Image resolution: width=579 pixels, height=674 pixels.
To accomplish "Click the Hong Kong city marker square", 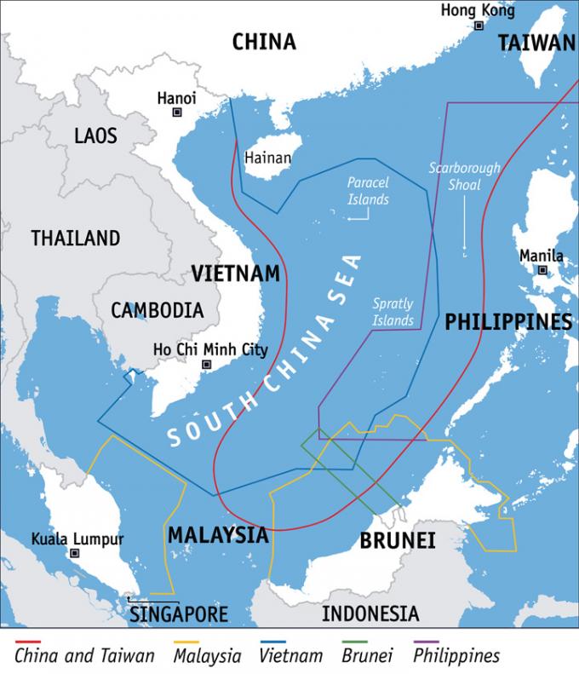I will [x=479, y=26].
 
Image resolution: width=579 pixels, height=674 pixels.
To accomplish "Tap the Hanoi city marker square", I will [x=177, y=112].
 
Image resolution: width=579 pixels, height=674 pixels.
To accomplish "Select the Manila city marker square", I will [x=542, y=270].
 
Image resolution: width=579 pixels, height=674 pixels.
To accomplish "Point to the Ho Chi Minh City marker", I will [x=206, y=365].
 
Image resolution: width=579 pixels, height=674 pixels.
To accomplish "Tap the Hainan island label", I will [x=267, y=158].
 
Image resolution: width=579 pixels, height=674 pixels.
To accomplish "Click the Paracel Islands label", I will [x=368, y=191].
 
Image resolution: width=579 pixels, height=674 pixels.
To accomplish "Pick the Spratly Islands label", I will [x=393, y=312].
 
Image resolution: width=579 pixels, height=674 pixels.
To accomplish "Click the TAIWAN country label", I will [x=536, y=43].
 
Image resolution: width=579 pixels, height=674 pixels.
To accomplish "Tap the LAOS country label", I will [x=95, y=135].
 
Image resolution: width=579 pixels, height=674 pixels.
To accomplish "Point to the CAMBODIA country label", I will [x=158, y=309].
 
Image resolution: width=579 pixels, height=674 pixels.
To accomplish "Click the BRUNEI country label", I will [x=398, y=540].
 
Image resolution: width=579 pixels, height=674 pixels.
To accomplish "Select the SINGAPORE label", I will [x=179, y=614].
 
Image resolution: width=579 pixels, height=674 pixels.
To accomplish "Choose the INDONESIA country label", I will [x=370, y=614].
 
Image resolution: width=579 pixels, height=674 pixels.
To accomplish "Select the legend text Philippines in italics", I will [x=456, y=655].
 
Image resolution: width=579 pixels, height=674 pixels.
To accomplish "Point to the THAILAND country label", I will [x=76, y=238].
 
